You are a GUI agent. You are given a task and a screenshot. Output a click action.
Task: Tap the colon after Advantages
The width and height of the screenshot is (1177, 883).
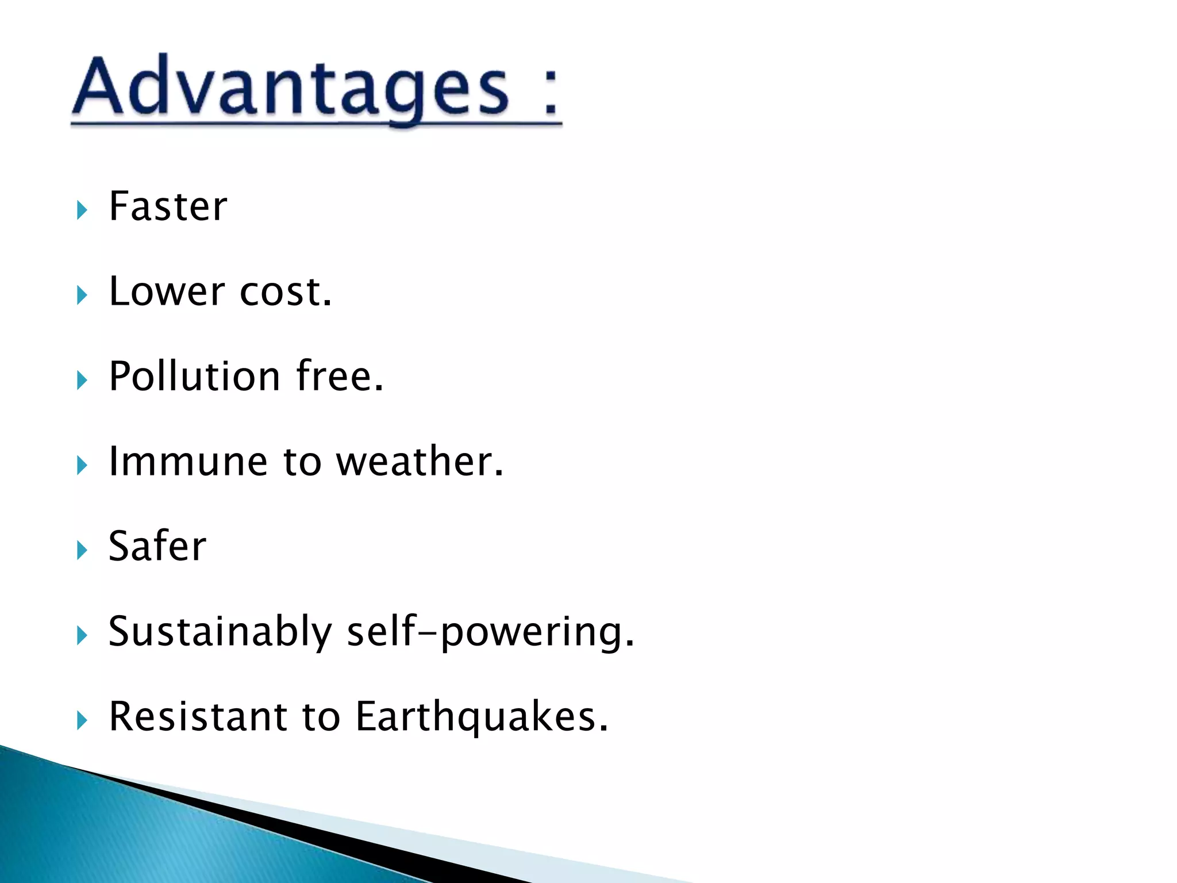[550, 92]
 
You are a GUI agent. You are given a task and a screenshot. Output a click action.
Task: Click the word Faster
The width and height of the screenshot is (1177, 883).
[168, 206]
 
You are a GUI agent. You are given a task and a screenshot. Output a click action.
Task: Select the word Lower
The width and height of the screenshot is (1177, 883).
[167, 291]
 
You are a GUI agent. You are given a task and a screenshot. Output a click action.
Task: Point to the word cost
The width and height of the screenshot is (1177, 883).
[286, 292]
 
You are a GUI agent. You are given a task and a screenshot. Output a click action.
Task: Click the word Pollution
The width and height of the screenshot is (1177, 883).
[194, 377]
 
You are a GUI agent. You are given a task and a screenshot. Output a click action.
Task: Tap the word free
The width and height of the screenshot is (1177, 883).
[339, 376]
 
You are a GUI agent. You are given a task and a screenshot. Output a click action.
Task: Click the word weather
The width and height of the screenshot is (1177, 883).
[420, 461]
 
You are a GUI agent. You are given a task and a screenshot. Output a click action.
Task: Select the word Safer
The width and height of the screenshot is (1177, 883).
[157, 546]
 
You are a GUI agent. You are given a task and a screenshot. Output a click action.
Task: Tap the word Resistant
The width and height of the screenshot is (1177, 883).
[197, 717]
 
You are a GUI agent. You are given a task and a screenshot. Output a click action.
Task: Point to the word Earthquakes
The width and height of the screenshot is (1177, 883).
[482, 717]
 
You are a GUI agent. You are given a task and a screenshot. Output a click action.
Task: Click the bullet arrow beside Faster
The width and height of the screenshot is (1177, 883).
[82, 210]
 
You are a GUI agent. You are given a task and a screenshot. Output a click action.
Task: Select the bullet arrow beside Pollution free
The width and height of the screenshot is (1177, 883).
[82, 381]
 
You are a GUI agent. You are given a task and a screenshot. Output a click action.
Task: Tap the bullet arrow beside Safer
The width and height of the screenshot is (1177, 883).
[82, 550]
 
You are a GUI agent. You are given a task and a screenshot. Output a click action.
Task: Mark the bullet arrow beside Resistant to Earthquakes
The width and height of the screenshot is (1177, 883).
[82, 720]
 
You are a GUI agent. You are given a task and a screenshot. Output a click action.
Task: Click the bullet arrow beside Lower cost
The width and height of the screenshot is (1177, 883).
[82, 295]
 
